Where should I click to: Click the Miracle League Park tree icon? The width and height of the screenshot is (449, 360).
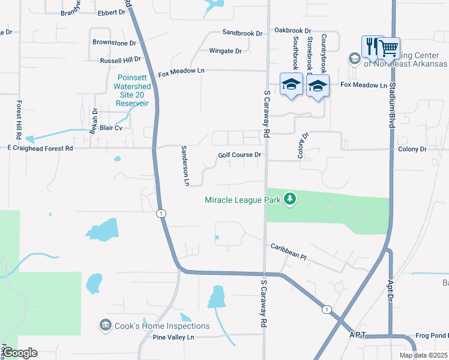(290, 199)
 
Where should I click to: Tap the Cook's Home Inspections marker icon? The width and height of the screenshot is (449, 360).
(106, 325)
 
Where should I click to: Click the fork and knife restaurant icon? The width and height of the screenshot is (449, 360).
(370, 47)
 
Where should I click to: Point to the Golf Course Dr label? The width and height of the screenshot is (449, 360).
(239, 155)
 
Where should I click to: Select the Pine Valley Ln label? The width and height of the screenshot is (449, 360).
(173, 338)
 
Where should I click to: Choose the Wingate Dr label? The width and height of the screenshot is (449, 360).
(225, 51)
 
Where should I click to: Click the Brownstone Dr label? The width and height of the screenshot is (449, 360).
(114, 43)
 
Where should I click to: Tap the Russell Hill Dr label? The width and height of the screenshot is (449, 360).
(120, 60)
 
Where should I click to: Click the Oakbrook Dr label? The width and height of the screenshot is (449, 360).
(293, 30)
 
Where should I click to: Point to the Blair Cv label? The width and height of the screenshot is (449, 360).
(111, 128)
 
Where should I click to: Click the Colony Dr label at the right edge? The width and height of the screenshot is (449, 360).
(412, 149)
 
